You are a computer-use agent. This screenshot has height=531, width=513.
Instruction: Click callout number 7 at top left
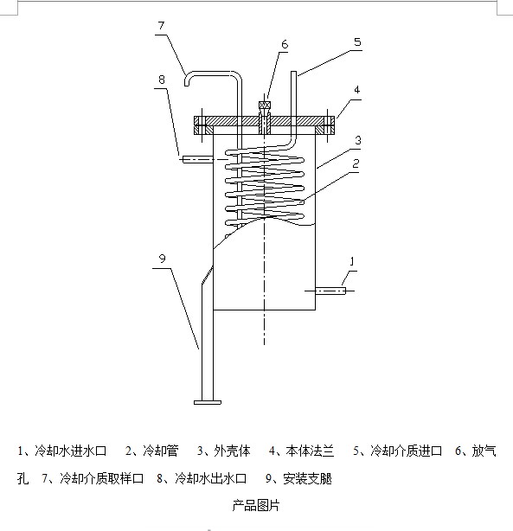pos(161,26)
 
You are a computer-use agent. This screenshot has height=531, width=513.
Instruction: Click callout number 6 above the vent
pos(285,44)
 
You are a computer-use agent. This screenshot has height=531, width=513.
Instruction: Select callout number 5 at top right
pos(357,42)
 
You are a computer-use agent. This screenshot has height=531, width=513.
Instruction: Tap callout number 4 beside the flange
pos(356,90)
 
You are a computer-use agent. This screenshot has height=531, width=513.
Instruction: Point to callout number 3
pos(358,140)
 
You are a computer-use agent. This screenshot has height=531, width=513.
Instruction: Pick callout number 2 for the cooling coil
pos(356,164)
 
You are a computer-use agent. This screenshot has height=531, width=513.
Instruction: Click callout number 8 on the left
pos(162,80)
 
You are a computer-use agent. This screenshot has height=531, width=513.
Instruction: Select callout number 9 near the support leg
pos(163,259)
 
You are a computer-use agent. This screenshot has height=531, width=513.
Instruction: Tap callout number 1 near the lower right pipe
pos(352,261)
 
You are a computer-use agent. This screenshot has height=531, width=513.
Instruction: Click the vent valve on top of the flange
pos(264,105)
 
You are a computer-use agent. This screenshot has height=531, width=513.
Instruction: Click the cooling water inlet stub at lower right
pos(330,291)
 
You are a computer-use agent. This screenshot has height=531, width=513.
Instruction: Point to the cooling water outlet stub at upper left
pos(198,159)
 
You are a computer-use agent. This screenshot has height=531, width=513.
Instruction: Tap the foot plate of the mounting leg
pos(208,402)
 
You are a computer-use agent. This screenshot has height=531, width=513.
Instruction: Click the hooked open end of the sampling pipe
pos(187,82)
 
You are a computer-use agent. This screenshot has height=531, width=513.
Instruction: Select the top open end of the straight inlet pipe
pos(293,72)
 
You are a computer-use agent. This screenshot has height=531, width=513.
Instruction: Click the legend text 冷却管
pos(161,451)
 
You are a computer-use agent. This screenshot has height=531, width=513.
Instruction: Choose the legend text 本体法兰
pos(310,451)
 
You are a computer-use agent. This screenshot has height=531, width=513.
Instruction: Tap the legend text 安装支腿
pos(307,478)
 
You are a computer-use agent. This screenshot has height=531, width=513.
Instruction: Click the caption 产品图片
pos(256,505)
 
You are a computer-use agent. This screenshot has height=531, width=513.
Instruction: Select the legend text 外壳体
pos(233,451)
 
